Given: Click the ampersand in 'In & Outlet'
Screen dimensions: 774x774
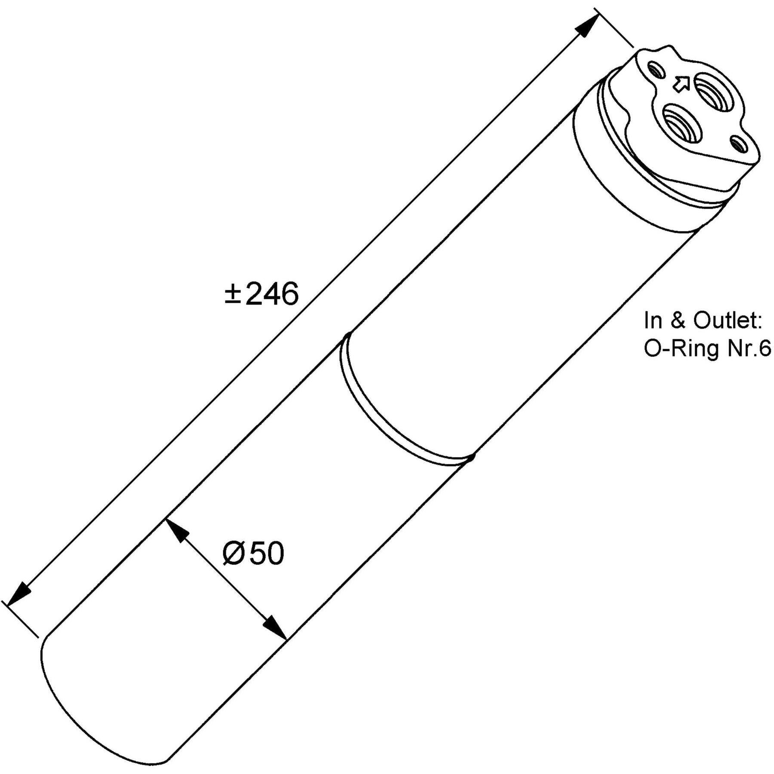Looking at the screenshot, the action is point(678,321).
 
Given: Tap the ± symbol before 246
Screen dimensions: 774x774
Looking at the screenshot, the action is point(232,294).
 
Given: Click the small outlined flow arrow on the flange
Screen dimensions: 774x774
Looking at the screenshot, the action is point(681,83).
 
